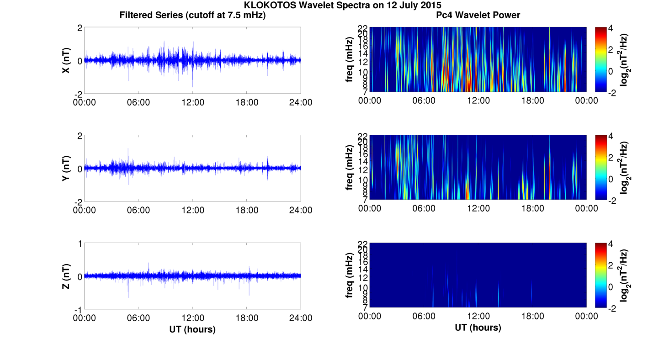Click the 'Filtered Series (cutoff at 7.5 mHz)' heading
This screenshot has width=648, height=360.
(x=192, y=15)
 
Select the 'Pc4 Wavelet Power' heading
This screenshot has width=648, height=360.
(x=478, y=15)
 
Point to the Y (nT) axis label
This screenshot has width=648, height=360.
(x=66, y=169)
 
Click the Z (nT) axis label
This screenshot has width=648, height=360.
(x=66, y=276)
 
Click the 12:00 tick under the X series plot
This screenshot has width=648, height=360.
(x=192, y=102)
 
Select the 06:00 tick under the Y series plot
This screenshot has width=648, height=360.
(x=138, y=210)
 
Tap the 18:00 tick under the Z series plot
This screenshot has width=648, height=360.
(x=246, y=318)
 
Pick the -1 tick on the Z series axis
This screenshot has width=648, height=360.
(x=79, y=309)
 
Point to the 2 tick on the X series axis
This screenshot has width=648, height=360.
(x=80, y=28)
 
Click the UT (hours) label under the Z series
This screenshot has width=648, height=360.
(x=192, y=329)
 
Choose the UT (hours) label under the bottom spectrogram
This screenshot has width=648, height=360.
(x=478, y=328)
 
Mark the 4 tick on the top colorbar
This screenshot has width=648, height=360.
(x=615, y=28)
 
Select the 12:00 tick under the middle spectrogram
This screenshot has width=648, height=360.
(x=478, y=208)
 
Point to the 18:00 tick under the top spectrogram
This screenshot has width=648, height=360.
(x=532, y=101)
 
